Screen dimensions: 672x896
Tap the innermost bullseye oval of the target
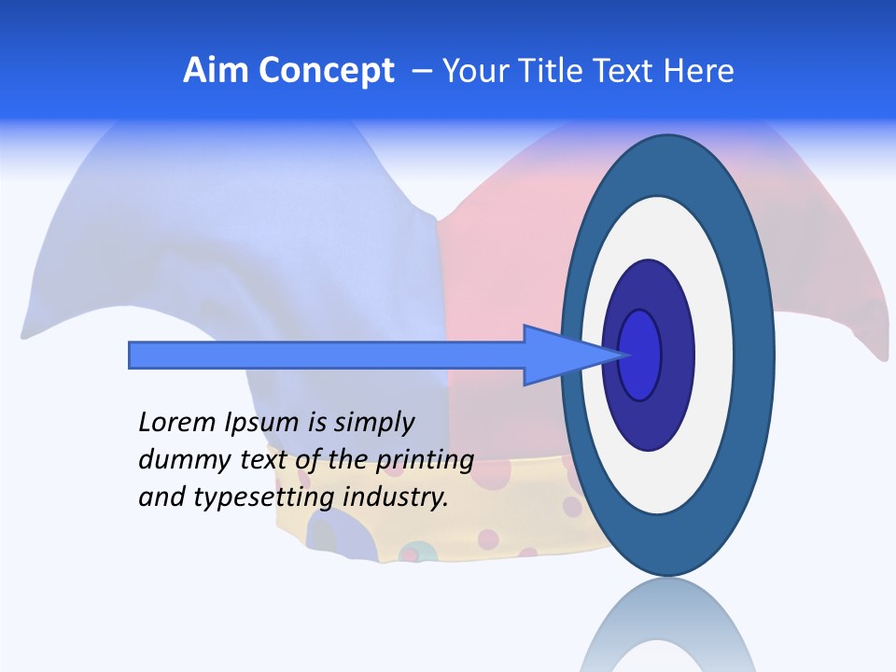(x=639, y=355)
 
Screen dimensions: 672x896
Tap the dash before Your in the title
(x=422, y=72)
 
